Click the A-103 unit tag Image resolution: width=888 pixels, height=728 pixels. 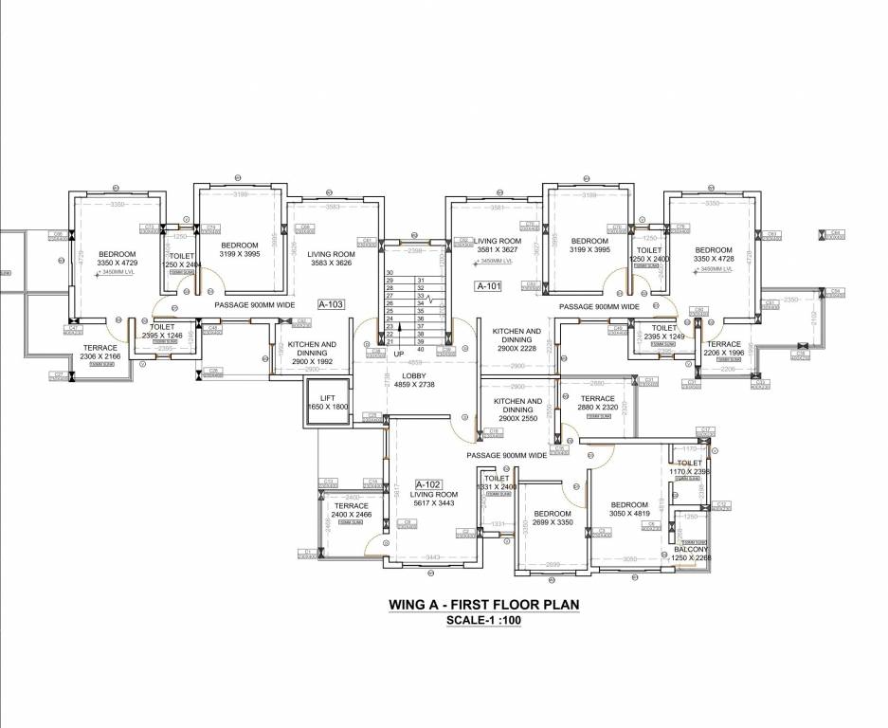332,305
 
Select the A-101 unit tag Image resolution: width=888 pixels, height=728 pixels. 488,285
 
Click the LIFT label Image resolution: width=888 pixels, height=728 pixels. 328,398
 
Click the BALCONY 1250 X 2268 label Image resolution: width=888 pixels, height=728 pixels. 691,554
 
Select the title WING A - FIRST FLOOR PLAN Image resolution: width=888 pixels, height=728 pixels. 483,604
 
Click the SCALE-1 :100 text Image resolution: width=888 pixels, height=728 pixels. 483,621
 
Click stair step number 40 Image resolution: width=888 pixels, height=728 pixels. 419,350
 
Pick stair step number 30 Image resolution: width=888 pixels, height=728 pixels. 390,273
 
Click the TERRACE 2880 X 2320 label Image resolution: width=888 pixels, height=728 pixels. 597,403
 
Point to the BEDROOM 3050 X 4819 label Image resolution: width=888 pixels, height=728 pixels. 629,509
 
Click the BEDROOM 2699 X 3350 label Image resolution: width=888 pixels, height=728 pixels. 552,518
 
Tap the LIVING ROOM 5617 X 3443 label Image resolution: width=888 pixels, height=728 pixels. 433,499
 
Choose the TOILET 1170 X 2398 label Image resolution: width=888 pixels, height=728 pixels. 689,466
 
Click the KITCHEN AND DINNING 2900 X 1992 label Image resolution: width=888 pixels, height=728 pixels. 312,353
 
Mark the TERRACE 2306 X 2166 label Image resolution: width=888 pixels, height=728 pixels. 100,352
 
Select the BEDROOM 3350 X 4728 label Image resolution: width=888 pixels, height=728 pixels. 714,254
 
